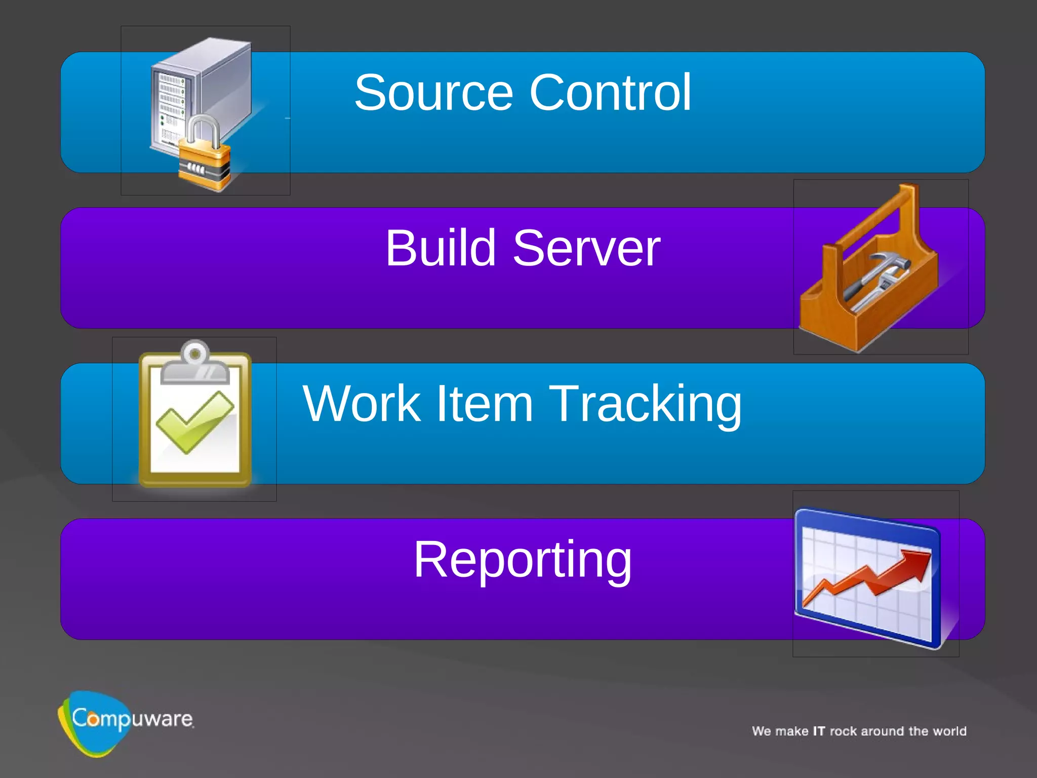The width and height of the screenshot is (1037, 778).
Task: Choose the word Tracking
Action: click(x=645, y=405)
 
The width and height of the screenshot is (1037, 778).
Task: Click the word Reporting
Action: click(x=523, y=560)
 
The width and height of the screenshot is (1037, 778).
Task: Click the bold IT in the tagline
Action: click(x=819, y=731)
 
